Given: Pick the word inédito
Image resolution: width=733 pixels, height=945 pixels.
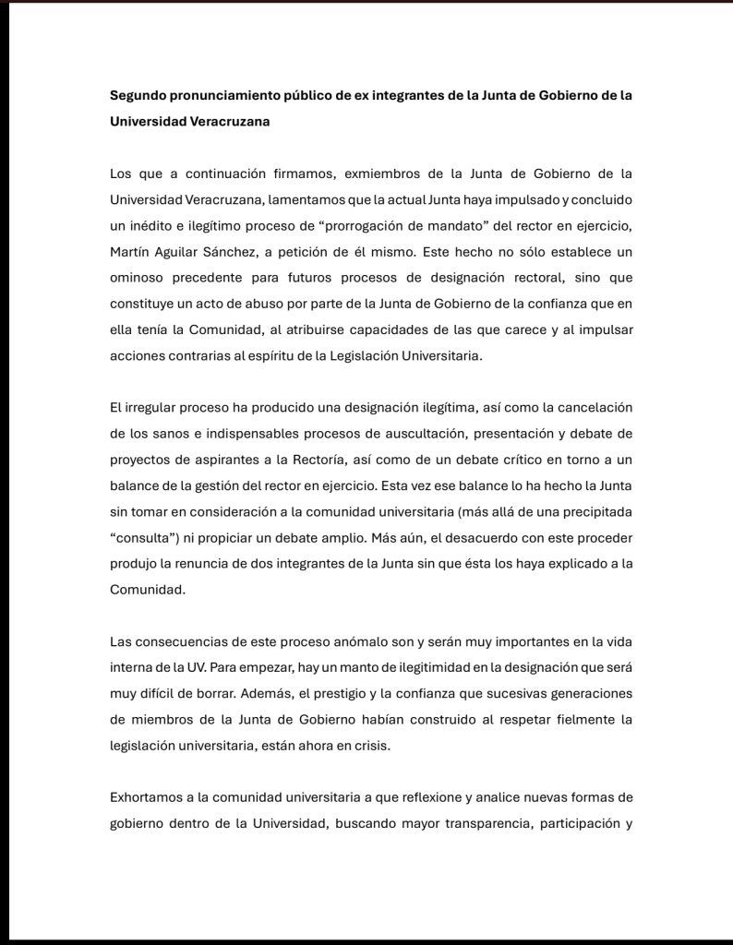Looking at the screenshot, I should pos(152,225).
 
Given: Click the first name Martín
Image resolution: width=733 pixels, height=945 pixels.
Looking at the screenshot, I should pos(130,251).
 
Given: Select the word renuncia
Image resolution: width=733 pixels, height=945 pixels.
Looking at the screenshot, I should pos(209,564).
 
